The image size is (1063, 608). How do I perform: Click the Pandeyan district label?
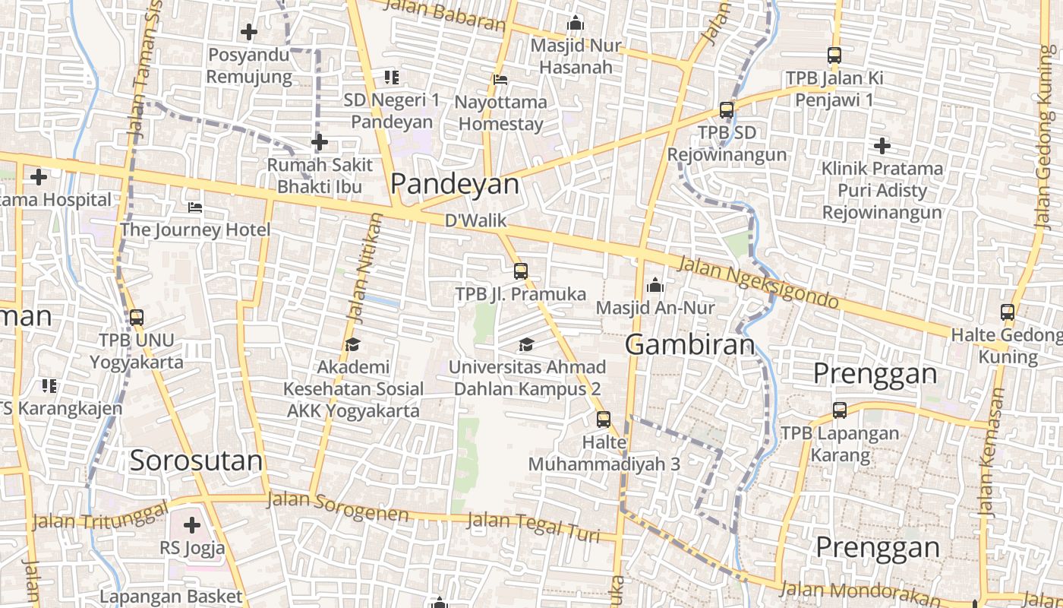coord(455,184)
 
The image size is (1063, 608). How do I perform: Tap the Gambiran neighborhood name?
coord(690,345)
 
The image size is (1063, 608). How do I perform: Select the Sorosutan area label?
coord(196,461)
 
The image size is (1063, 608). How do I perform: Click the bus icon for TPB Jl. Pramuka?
coord(520,271)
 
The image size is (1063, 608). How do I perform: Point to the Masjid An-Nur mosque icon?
coord(655,286)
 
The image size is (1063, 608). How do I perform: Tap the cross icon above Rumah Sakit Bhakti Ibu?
coord(320,142)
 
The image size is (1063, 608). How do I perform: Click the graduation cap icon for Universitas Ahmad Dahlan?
coord(526,344)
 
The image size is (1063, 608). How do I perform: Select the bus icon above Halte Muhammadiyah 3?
coord(604,419)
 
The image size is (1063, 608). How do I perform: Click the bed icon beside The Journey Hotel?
coord(195,207)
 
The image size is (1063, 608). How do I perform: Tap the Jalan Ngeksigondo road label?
coord(757,282)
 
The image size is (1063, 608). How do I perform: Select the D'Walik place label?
coord(475,221)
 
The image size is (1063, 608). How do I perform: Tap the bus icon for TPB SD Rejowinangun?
coord(727,109)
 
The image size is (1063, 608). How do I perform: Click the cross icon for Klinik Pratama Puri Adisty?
coord(882,145)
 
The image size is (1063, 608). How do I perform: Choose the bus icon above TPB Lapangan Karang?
coord(840,410)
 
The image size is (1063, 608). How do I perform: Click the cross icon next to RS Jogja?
coord(192,524)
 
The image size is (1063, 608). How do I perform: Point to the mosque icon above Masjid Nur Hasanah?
coord(576,24)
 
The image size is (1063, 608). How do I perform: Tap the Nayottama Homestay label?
coord(500,113)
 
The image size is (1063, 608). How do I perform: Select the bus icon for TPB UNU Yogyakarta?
coord(137,318)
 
